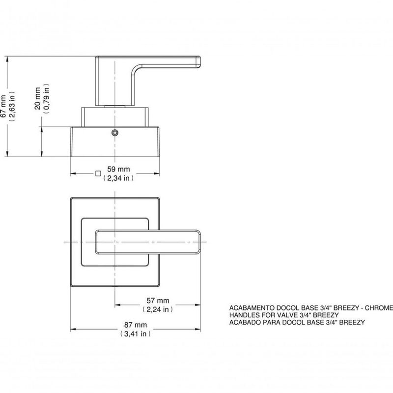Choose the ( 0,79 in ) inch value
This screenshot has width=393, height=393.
click(x=47, y=100)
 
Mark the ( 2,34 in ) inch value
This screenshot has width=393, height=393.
click(x=118, y=179)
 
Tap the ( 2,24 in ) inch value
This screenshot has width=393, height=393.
click(x=157, y=309)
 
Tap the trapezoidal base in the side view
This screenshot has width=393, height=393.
click(x=115, y=142)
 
